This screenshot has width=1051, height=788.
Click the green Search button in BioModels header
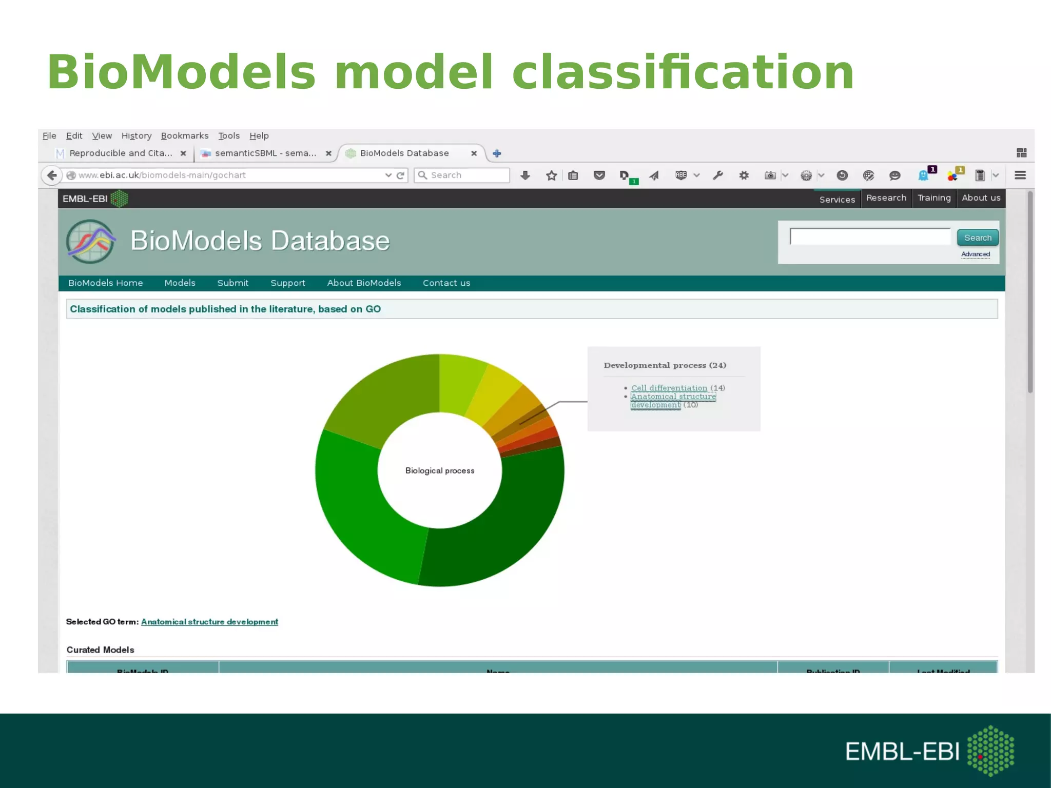pos(977,238)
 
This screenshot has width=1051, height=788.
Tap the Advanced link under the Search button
pos(975,254)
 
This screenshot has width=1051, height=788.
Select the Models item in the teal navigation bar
pos(180,283)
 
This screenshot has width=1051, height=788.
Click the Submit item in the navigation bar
pos(232,283)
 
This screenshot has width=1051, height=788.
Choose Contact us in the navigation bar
pos(446,283)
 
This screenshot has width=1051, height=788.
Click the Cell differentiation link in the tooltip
pos(669,388)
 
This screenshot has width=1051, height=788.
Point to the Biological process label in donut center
pos(440,470)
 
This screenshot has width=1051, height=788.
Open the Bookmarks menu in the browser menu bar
pos(184,135)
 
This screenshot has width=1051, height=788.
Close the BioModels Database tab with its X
pos(474,153)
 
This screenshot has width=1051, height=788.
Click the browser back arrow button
pos(52,175)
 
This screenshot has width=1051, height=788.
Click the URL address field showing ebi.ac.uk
pos(226,175)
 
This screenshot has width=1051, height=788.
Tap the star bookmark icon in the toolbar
pos(551,175)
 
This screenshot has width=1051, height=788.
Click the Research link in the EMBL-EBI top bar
pos(886,198)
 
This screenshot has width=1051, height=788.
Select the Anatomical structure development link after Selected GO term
pos(209,621)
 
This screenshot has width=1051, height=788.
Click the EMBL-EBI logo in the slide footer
pos(929,751)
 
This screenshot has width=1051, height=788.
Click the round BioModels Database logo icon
pos(91,241)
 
